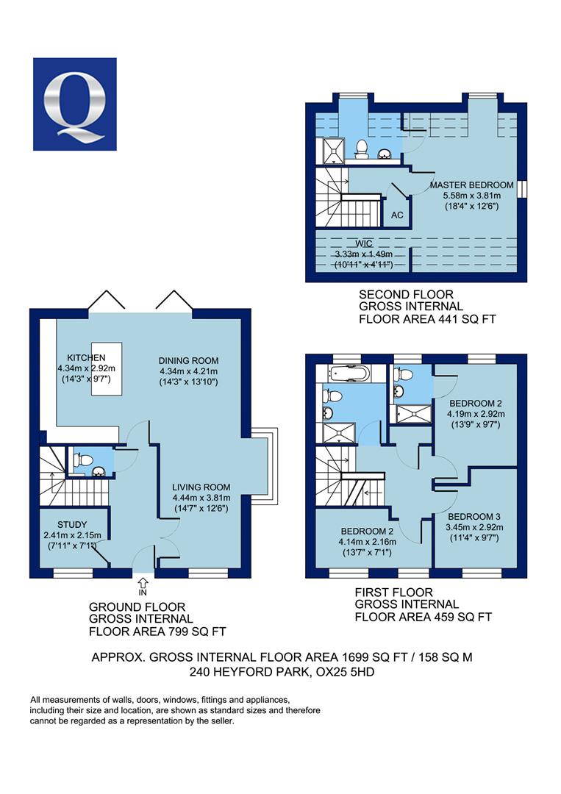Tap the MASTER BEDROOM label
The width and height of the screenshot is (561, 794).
coord(471,185)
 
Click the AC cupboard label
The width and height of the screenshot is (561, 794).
coord(397,215)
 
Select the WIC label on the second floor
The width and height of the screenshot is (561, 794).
coord(363,243)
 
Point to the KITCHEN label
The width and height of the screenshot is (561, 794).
coord(86,357)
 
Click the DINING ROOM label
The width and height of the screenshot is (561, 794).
coord(188,360)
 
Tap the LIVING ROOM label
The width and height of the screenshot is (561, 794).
coord(201,487)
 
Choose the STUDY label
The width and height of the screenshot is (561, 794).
coord(72,525)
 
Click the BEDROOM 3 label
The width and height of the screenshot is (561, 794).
coord(474,517)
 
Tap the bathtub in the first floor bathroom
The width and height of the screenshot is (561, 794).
coord(349,373)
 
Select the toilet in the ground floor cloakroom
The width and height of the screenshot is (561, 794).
coord(83,460)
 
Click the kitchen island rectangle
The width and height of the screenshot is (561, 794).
coord(107,368)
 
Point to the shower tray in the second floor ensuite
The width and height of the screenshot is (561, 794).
coord(333,151)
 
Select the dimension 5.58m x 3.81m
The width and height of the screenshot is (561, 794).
coord(472,196)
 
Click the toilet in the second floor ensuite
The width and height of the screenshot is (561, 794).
coord(362,149)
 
